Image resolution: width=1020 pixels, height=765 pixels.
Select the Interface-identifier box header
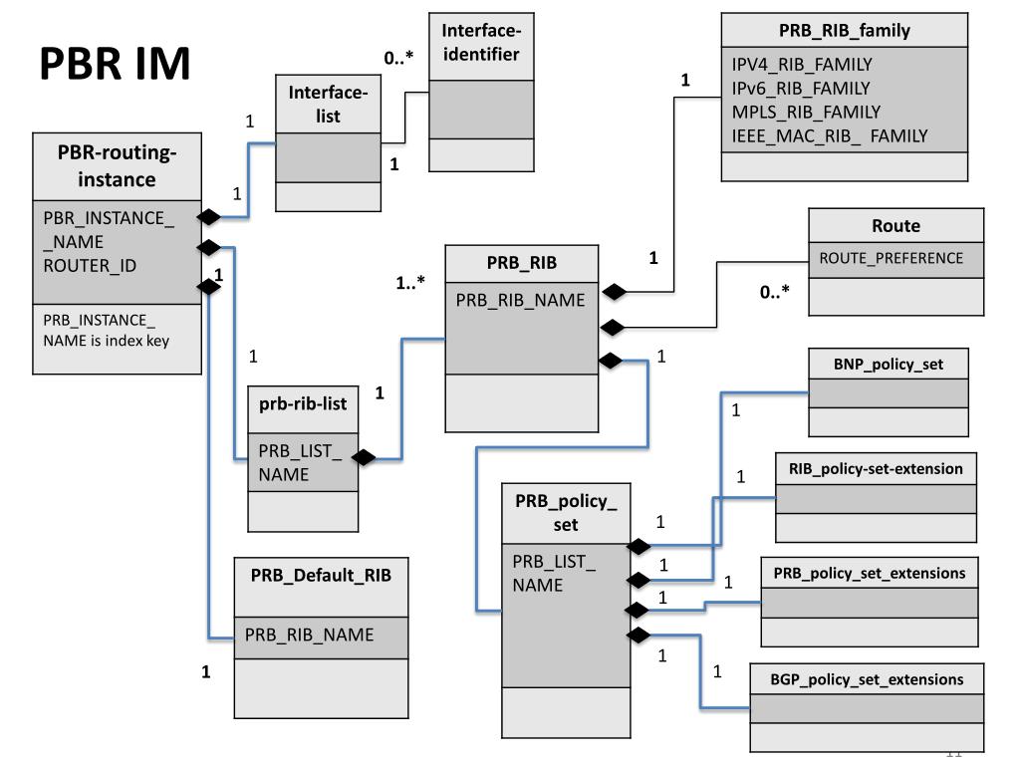(x=480, y=42)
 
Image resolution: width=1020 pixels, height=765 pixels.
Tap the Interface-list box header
(x=328, y=105)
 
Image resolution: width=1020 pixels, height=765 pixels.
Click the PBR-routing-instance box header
(x=118, y=166)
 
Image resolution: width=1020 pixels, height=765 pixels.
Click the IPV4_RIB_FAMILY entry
(x=801, y=65)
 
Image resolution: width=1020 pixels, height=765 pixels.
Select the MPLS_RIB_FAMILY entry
(x=806, y=112)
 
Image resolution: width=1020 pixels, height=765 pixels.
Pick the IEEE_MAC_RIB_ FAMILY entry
(x=830, y=135)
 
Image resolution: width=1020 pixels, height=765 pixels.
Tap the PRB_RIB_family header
(x=844, y=30)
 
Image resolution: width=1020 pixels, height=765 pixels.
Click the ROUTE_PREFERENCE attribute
(x=891, y=258)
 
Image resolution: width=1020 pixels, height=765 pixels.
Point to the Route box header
(x=895, y=226)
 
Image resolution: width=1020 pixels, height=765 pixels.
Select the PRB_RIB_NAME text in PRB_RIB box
(x=521, y=300)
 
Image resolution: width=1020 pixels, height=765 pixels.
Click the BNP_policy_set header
(x=888, y=365)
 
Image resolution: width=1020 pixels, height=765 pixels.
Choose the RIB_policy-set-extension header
(x=876, y=468)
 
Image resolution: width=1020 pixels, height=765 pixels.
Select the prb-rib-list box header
(x=303, y=405)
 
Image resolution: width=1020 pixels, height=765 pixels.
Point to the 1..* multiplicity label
(x=410, y=282)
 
